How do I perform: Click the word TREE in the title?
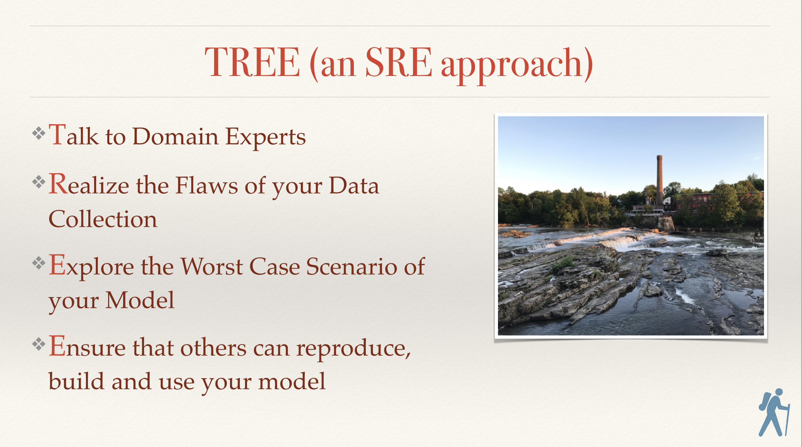point(252,62)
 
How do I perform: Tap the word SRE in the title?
point(398,62)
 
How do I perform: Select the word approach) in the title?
point(517,64)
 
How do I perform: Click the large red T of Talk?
point(57,134)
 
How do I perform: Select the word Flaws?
point(207,185)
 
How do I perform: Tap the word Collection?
point(103,219)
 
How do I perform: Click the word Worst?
point(211,266)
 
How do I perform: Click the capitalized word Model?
point(140,300)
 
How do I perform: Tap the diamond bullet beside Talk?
point(39,133)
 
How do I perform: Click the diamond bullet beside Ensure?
point(39,344)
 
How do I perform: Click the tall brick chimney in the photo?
point(659,180)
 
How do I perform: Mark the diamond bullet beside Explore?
point(39,263)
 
